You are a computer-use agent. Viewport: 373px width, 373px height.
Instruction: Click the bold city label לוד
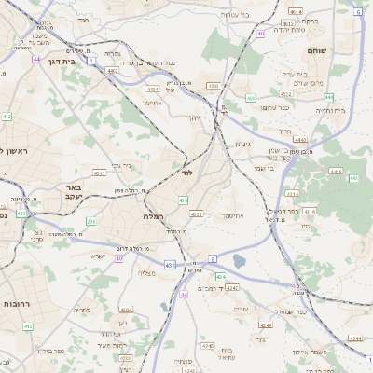(x=186, y=173)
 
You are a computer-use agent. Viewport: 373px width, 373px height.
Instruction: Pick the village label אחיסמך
(x=233, y=215)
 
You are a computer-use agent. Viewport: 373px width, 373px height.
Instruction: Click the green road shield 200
(x=91, y=221)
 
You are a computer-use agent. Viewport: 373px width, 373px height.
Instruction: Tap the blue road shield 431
(x=170, y=266)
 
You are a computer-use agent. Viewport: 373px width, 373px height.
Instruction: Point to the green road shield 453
(x=251, y=97)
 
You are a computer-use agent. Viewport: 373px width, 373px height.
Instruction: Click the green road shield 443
(x=352, y=176)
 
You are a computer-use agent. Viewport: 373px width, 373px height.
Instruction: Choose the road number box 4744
(x=353, y=339)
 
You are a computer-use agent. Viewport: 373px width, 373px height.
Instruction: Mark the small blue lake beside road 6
(x=241, y=262)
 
